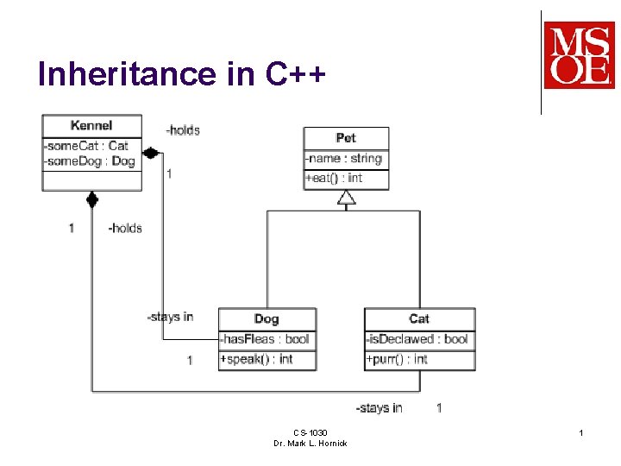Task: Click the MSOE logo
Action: click(x=579, y=56)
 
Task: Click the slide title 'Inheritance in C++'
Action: click(x=182, y=75)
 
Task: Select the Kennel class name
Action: click(x=91, y=126)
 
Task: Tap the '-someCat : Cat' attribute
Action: click(x=86, y=146)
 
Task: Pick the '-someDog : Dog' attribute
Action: click(x=90, y=161)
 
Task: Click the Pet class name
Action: click(x=346, y=138)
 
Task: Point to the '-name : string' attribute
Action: click(x=343, y=159)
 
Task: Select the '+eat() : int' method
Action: click(x=334, y=179)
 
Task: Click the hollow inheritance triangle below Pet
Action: click(x=346, y=198)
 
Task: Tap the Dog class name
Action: click(x=267, y=319)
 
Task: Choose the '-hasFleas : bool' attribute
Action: click(x=265, y=339)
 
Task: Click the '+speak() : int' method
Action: click(x=256, y=359)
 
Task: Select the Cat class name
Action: click(x=419, y=319)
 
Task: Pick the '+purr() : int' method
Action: click(x=397, y=359)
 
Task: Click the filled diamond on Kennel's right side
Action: click(x=151, y=153)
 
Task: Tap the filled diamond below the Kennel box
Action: click(x=92, y=201)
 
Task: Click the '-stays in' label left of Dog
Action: click(x=170, y=317)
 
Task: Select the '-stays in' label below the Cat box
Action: click(x=379, y=407)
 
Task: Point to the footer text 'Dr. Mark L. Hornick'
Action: click(x=310, y=443)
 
